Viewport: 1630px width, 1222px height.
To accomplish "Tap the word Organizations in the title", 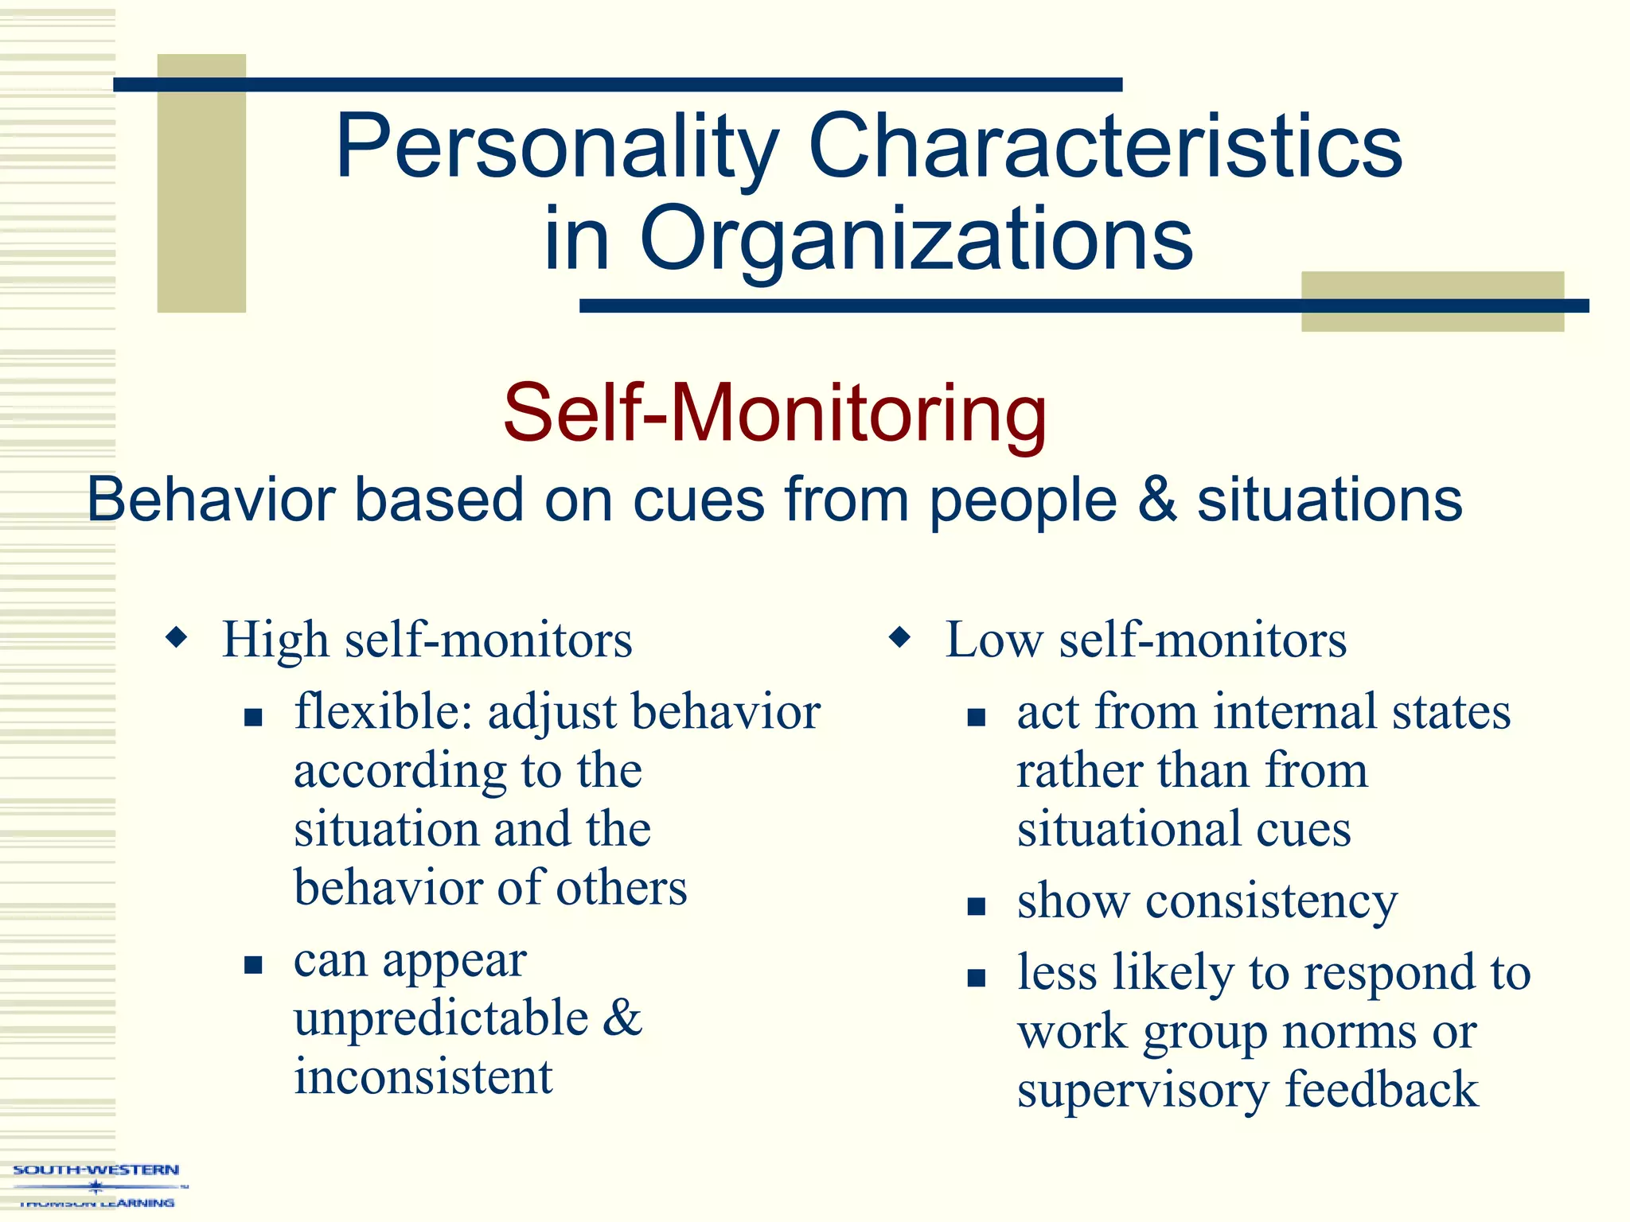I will pos(915,239).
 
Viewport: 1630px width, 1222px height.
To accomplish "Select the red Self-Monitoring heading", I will pos(774,414).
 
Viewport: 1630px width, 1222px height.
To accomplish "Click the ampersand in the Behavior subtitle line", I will pos(1156,500).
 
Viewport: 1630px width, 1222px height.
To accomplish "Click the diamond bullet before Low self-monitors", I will pos(899,637).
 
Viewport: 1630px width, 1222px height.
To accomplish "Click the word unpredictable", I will pos(441,1019).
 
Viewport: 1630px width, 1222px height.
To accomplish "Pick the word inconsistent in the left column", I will pos(423,1077).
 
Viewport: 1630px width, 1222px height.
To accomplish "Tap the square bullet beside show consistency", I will pos(977,907).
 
